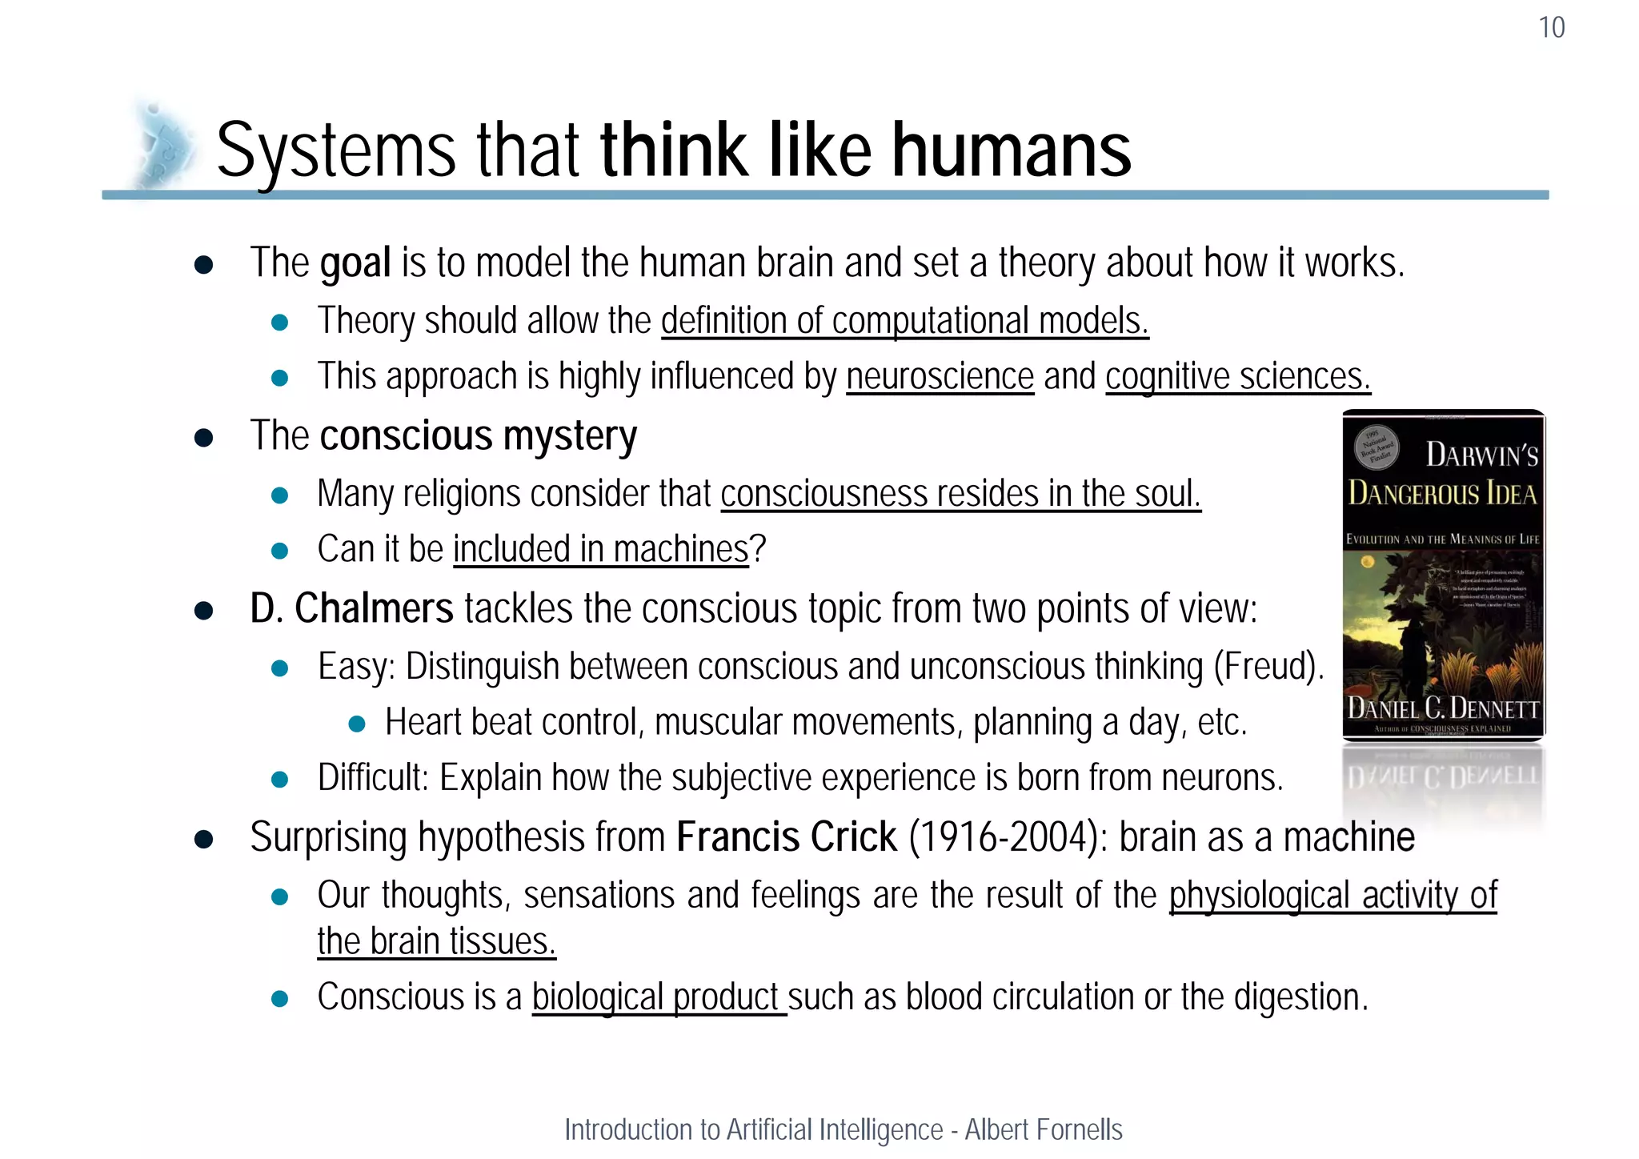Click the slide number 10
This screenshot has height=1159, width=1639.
click(1551, 27)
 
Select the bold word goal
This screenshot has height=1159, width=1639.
click(355, 263)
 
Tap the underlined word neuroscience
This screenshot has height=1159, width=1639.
click(940, 376)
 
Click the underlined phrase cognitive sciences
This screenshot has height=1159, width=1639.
click(1237, 376)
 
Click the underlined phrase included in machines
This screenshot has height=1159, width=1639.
click(600, 550)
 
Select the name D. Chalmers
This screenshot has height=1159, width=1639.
click(351, 608)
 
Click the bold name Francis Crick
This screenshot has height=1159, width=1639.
click(786, 837)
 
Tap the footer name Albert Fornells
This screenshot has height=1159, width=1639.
click(1043, 1129)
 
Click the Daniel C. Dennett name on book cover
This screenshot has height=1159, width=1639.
click(1443, 708)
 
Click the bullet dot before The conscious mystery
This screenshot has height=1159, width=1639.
click(203, 438)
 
